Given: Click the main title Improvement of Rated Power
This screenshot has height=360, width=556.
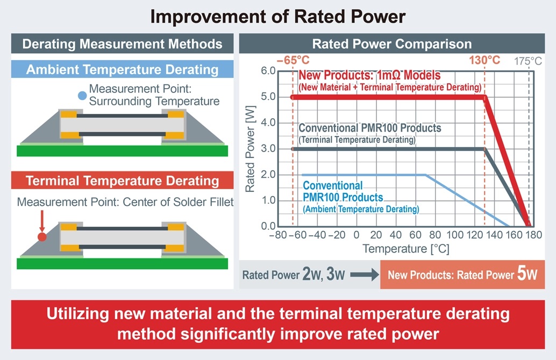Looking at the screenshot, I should pyautogui.click(x=277, y=16).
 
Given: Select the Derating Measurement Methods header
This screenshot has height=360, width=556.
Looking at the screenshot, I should pyautogui.click(x=122, y=44).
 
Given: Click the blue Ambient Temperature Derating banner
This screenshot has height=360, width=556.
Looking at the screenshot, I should pyautogui.click(x=122, y=69).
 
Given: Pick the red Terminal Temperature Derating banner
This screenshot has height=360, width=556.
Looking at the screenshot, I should pyautogui.click(x=122, y=181).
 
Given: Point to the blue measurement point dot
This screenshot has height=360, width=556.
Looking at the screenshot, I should pyautogui.click(x=81, y=96).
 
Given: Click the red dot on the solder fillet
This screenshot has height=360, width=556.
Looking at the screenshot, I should pyautogui.click(x=42, y=236).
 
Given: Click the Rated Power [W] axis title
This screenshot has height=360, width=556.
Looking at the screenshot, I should pyautogui.click(x=250, y=149).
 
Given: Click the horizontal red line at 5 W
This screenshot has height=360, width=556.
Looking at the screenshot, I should pyautogui.click(x=387, y=97).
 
